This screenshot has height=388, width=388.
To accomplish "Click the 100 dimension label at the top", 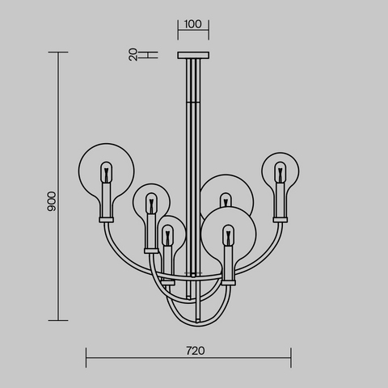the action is tap(193, 24).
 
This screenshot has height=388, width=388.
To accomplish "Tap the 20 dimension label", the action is tap(133, 55).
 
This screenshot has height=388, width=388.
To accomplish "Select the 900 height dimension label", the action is tap(52, 201).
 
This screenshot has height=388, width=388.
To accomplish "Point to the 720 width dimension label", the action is tap(196, 351).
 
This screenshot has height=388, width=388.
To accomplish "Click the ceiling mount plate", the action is tap(193, 55).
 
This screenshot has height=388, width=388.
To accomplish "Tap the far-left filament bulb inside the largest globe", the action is tap(106, 172).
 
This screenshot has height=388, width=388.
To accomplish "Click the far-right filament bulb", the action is tap(280, 172).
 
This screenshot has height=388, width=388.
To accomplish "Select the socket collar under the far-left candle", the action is tap(106, 220).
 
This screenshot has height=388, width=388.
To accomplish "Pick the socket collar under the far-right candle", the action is tap(280, 220).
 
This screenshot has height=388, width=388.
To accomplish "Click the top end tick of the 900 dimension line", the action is tap(58, 53).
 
